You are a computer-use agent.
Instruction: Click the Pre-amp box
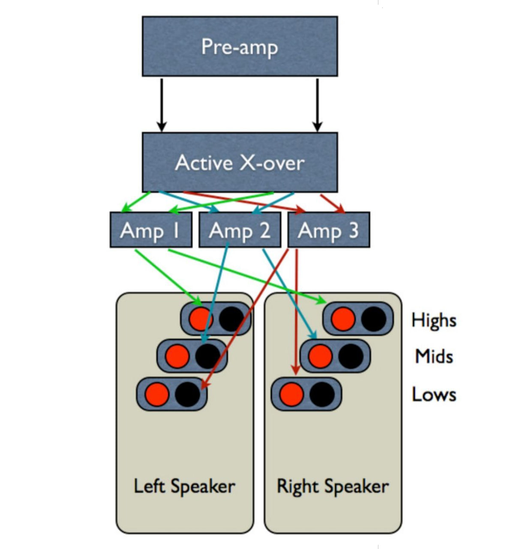pos(240,46)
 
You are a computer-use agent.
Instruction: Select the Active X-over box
pos(240,162)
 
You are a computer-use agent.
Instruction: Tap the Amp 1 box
pos(150,230)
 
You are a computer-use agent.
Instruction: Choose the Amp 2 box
pos(240,230)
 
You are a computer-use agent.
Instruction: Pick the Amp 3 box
pos(329,230)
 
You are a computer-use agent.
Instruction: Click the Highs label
pos(434,320)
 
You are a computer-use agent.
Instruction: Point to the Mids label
pos(434,356)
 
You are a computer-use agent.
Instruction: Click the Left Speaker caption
pos(184,486)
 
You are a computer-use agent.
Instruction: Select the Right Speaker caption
pos(333,486)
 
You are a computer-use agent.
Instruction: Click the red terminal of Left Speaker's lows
pos(157,394)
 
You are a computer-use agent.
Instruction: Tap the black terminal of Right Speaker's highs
pos(374,319)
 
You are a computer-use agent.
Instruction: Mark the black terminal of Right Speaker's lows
pos(322,394)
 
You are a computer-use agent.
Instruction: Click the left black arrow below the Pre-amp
pos(162,105)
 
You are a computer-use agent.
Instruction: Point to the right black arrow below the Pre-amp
pos(317,105)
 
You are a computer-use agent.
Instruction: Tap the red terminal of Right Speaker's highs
pos(343,319)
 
